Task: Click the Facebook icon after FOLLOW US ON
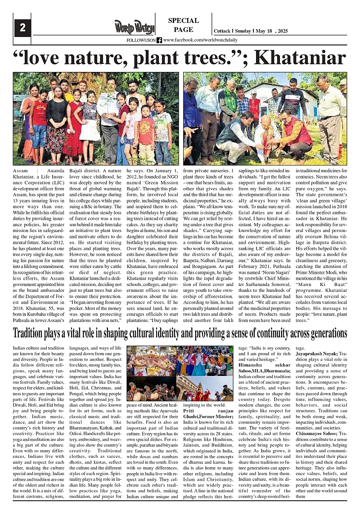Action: (159, 40)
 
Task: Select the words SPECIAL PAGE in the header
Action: (183, 25)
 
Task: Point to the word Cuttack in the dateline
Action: (222, 31)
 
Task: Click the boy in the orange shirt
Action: (146, 133)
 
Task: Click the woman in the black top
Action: (57, 119)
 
